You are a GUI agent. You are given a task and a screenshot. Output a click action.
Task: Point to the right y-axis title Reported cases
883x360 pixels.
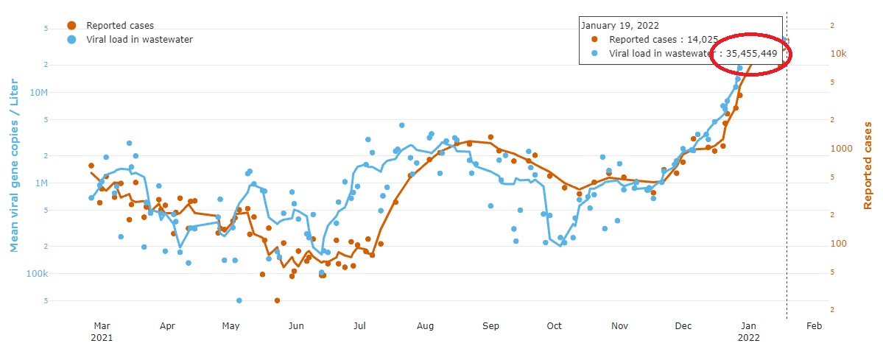tap(868, 166)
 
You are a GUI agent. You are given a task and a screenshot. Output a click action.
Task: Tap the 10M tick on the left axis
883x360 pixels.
tap(38, 93)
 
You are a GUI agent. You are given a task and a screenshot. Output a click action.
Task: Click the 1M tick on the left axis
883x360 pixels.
tap(40, 183)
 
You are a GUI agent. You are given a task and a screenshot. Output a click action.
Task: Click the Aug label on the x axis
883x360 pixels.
tap(425, 326)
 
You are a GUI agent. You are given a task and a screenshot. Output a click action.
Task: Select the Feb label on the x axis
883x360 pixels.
tap(814, 326)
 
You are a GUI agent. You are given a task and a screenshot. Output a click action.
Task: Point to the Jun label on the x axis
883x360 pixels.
tap(295, 326)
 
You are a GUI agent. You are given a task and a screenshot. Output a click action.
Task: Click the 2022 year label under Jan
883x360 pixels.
tap(748, 337)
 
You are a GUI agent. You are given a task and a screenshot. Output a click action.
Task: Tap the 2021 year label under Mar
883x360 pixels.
tap(102, 337)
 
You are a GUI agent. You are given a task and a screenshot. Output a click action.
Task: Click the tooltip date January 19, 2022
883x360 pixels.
tap(620, 25)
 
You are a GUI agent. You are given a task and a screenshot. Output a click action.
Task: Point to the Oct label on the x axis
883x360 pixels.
tap(555, 326)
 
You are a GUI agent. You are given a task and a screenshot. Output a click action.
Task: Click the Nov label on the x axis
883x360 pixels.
tap(619, 326)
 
